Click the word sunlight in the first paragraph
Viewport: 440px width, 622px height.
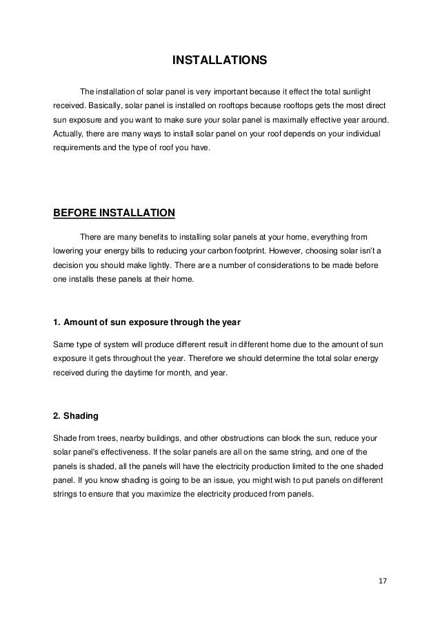(357, 92)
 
